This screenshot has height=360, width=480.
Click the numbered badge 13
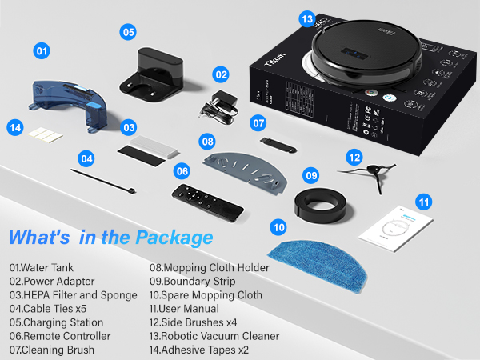(x=307, y=17)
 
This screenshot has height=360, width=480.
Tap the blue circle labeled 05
(x=128, y=32)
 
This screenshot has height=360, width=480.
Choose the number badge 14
(x=14, y=126)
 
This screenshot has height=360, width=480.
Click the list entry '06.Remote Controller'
(x=60, y=336)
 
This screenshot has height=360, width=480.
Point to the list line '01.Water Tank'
(x=46, y=267)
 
